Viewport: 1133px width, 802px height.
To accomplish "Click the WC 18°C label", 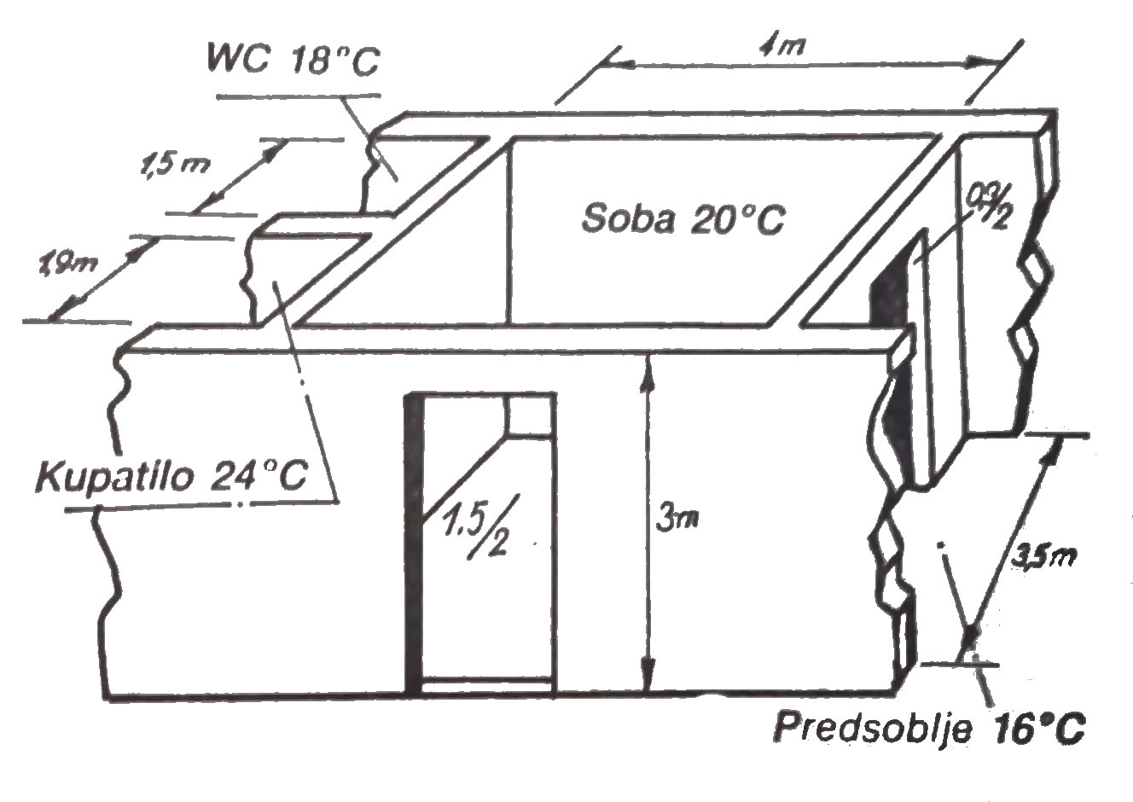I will (292, 60).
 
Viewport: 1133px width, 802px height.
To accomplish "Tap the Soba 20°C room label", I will (683, 218).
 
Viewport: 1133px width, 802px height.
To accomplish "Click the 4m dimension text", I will (781, 47).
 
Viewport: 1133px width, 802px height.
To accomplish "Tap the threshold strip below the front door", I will (488, 684).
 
